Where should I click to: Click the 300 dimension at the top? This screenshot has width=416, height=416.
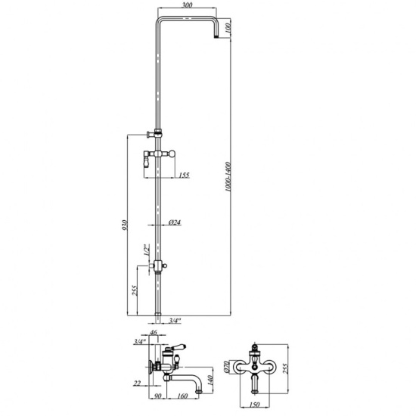pyautogui.click(x=188, y=5)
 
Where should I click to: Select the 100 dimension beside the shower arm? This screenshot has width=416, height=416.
pyautogui.click(x=228, y=28)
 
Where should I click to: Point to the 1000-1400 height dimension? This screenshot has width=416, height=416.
pyautogui.click(x=228, y=177)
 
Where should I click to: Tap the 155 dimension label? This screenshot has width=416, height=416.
pyautogui.click(x=184, y=175)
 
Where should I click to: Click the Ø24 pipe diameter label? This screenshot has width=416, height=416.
pyautogui.click(x=175, y=222)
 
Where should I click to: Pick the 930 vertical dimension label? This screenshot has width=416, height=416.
pyautogui.click(x=125, y=225)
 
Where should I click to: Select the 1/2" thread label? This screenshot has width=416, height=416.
pyautogui.click(x=147, y=250)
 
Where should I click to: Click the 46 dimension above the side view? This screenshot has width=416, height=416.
pyautogui.click(x=154, y=332)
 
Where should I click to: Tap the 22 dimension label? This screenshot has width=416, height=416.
pyautogui.click(x=137, y=383)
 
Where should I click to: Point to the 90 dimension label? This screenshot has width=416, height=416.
pyautogui.click(x=157, y=396)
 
